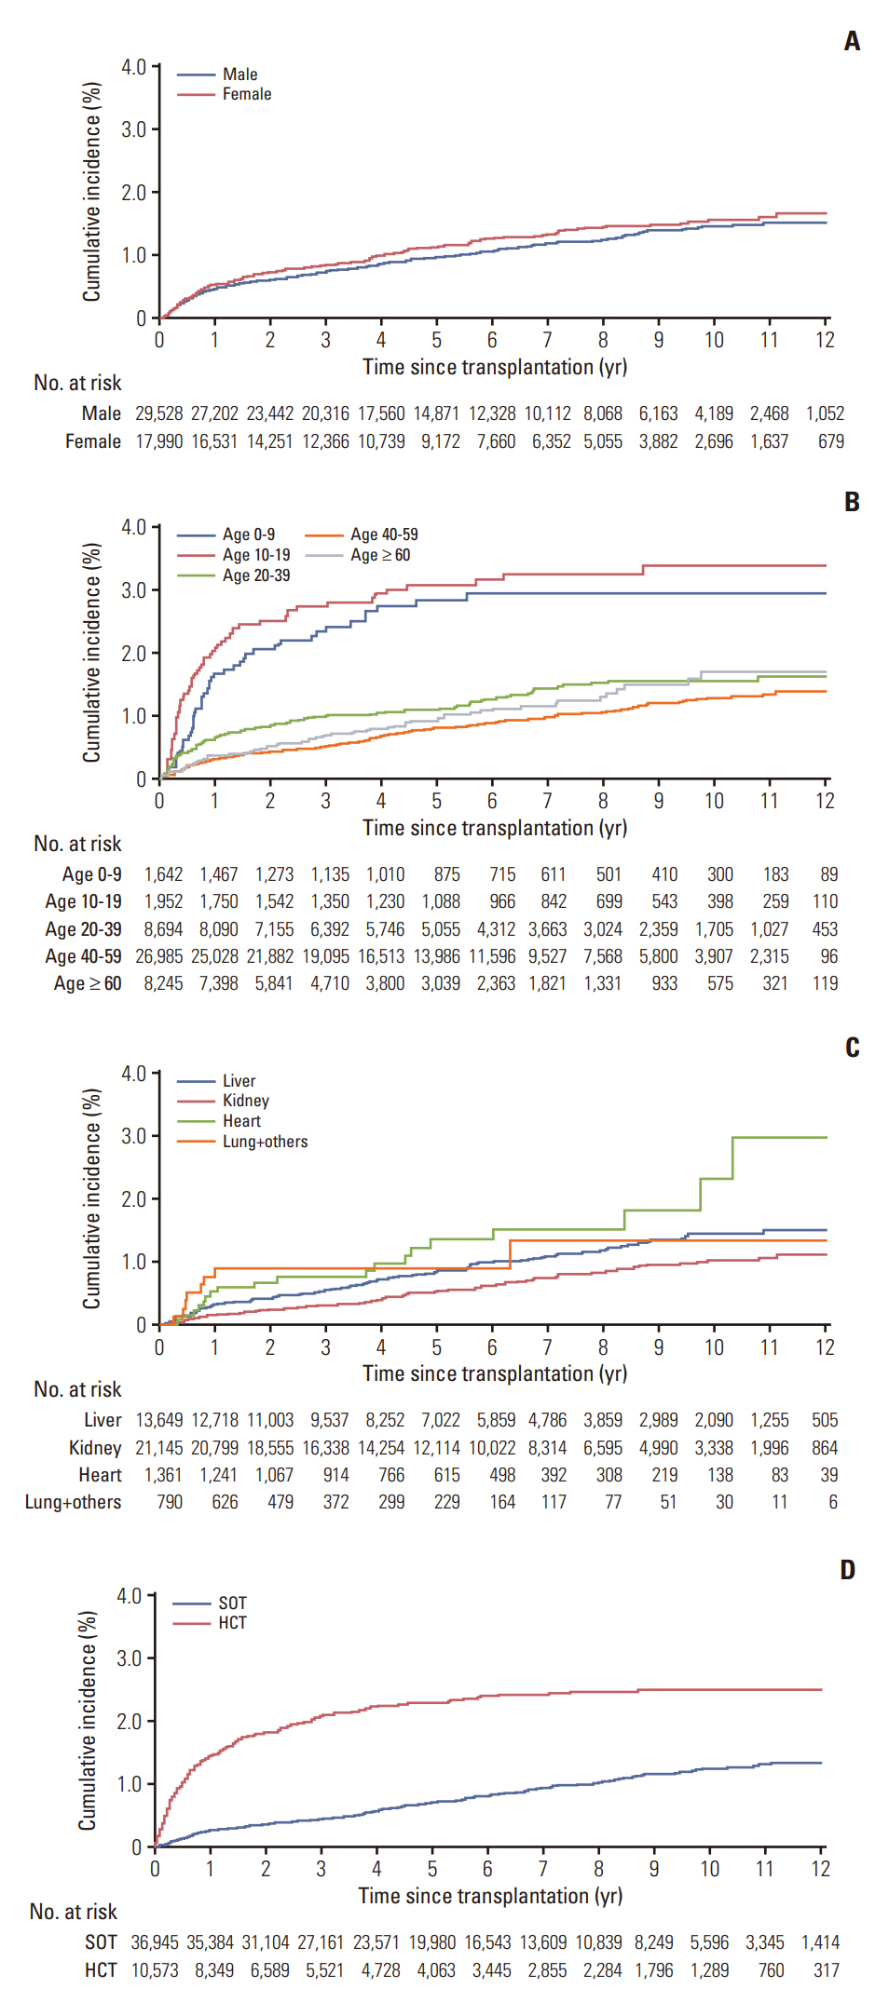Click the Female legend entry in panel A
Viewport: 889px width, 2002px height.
pyautogui.click(x=246, y=94)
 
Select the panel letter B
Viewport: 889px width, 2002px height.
pyautogui.click(x=852, y=502)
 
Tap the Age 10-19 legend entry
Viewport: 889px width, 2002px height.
pyautogui.click(x=255, y=555)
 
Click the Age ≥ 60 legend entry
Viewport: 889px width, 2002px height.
pyautogui.click(x=379, y=555)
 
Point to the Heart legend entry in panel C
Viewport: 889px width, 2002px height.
pyautogui.click(x=241, y=1121)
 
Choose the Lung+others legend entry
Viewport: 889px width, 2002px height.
pyautogui.click(x=265, y=1142)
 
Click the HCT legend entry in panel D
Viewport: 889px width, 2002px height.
pyautogui.click(x=232, y=1623)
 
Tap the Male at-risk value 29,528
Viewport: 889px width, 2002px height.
pyautogui.click(x=159, y=413)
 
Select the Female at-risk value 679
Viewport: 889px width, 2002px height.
pyautogui.click(x=831, y=441)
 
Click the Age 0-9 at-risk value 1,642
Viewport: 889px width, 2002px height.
pyautogui.click(x=163, y=874)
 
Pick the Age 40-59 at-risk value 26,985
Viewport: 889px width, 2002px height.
pyautogui.click(x=159, y=956)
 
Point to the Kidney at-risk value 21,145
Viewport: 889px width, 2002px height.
pyautogui.click(x=159, y=1448)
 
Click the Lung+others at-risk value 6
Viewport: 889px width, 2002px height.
pyautogui.click(x=833, y=1502)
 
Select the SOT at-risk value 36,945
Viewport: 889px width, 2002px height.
pyautogui.click(x=155, y=1942)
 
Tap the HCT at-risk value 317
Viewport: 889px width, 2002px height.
pyautogui.click(x=826, y=1970)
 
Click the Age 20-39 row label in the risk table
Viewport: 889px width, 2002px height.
pyautogui.click(x=83, y=929)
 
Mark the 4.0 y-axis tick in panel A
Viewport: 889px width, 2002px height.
pyautogui.click(x=133, y=67)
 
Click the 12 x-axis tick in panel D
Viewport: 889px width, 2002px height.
pyautogui.click(x=820, y=1869)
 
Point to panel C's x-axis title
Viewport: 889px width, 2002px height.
pyautogui.click(x=495, y=1373)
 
